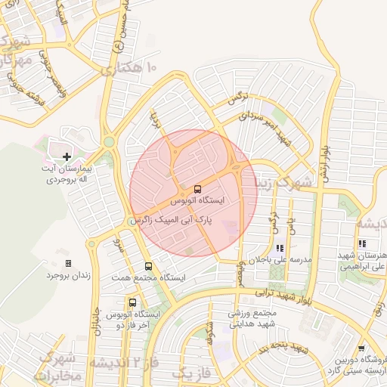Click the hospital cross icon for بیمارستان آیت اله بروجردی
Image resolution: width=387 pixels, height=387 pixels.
click(67, 156)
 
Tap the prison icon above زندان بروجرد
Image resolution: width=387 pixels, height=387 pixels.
click(69, 263)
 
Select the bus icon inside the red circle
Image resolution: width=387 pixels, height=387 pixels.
click(197, 188)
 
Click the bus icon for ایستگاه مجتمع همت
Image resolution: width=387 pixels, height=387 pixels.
click(148, 266)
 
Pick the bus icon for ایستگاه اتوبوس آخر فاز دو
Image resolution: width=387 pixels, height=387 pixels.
click(133, 302)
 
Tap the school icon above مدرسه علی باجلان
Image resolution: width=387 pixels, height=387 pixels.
click(280, 247)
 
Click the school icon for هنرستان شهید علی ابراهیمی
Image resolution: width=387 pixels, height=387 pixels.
click(362, 244)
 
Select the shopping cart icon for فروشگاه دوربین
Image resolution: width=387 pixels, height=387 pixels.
click(361, 348)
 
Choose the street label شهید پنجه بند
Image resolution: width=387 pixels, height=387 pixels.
click(281, 349)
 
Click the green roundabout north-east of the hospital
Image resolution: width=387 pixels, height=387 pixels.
click(109, 141)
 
